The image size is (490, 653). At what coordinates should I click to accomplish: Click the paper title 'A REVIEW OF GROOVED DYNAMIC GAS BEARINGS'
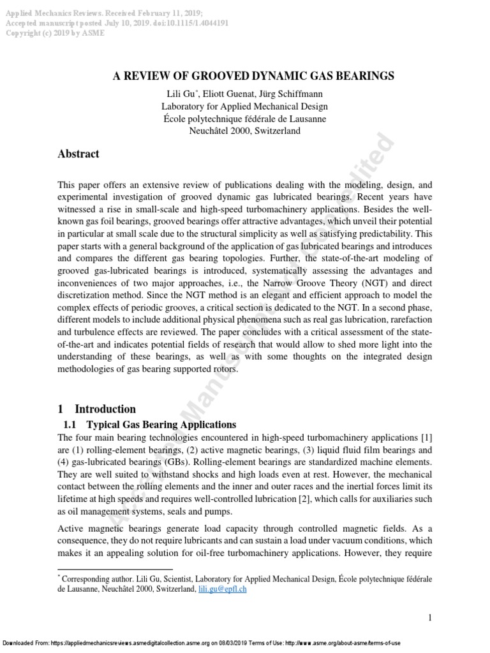pos(253,76)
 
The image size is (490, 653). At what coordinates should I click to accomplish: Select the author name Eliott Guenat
pos(226,94)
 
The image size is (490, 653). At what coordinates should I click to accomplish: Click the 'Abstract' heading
pos(78,154)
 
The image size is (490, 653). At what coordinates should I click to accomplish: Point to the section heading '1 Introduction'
pos(97,409)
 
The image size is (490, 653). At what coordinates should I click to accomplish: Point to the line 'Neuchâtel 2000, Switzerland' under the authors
pos(253,131)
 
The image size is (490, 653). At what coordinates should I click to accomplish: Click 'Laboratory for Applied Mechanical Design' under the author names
pos(253,106)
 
